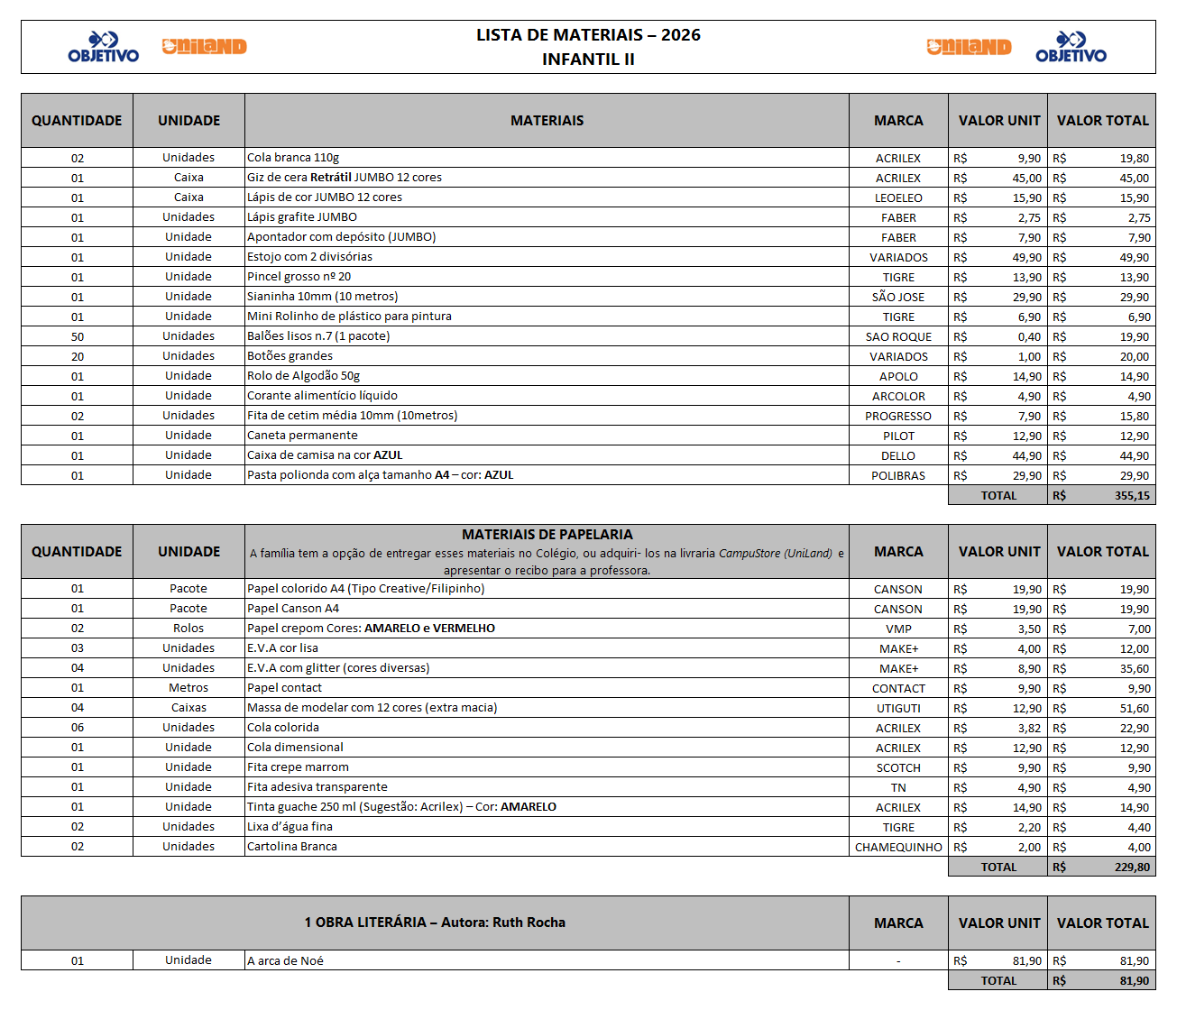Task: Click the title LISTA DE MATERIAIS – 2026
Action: (x=588, y=35)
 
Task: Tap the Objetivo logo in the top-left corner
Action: (x=104, y=48)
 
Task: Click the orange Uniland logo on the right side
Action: (x=969, y=47)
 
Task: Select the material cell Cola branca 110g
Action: (x=293, y=158)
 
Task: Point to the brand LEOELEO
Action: (x=898, y=198)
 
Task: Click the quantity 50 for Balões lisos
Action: (x=78, y=337)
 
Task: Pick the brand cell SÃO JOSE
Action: (x=898, y=298)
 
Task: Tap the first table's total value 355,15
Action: (x=1132, y=496)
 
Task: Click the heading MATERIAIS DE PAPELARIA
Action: (x=547, y=535)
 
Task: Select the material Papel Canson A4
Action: (x=293, y=609)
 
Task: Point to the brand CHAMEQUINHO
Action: (x=898, y=848)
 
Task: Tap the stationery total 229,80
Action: (x=1132, y=868)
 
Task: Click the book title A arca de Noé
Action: (x=285, y=961)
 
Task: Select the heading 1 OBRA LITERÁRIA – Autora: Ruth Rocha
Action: (x=435, y=923)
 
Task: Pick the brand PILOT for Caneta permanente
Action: (x=898, y=436)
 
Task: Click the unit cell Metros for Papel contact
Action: (x=189, y=688)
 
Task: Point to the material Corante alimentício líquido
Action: (x=322, y=396)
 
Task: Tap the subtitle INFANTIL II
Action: (x=588, y=60)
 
